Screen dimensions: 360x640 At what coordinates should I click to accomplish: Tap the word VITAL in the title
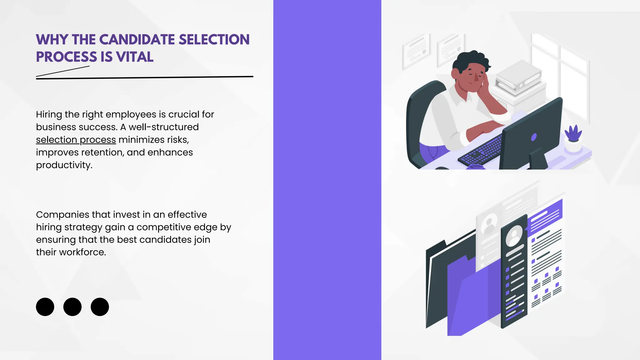pos(135,57)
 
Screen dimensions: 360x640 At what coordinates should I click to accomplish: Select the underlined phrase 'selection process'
pos(76,140)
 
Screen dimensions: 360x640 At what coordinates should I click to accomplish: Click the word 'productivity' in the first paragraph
pos(64,165)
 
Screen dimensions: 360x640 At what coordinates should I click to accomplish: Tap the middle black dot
pos(72,307)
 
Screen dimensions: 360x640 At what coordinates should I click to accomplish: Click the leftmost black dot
pos(45,307)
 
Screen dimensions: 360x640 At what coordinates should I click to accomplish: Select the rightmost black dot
pos(100,307)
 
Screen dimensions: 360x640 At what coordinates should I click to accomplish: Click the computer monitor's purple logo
pos(534,137)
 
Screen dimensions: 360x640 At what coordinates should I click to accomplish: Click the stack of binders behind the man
pos(519,77)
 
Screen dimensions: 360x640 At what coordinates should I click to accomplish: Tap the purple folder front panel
pos(472,300)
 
